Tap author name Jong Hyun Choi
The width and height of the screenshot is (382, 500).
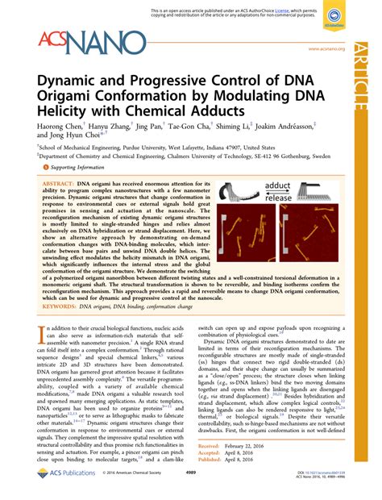[x=71, y=138]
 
